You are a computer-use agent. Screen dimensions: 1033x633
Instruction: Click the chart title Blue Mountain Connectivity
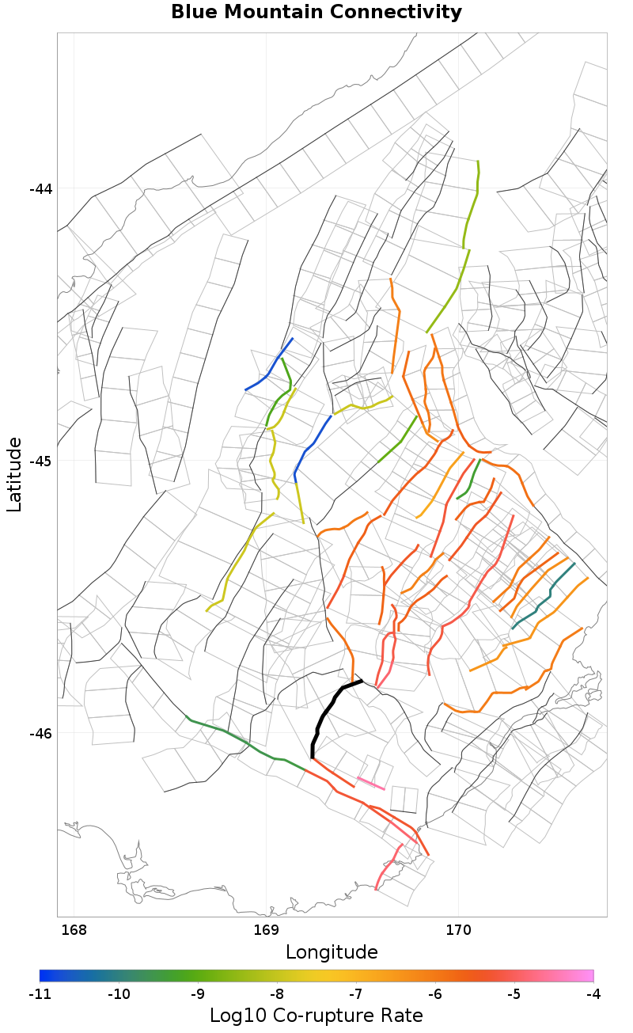click(316, 13)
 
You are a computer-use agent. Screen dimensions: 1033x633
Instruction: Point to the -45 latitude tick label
click(40, 461)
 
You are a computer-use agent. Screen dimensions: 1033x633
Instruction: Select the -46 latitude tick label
click(40, 733)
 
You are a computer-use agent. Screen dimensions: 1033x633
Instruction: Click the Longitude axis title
click(332, 951)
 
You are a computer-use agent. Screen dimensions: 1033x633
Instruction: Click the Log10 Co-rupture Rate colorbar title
click(316, 1016)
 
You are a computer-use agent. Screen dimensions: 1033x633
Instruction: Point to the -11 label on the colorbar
click(40, 993)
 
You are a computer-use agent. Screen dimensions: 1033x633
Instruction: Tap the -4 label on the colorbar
click(593, 993)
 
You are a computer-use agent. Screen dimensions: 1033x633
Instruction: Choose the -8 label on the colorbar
click(277, 993)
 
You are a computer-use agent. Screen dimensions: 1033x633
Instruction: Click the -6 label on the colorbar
click(435, 993)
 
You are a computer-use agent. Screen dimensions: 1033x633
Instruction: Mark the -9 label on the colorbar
click(198, 993)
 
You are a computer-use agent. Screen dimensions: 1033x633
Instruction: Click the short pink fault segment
click(371, 784)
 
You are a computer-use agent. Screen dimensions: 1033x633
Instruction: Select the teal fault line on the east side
click(543, 598)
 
